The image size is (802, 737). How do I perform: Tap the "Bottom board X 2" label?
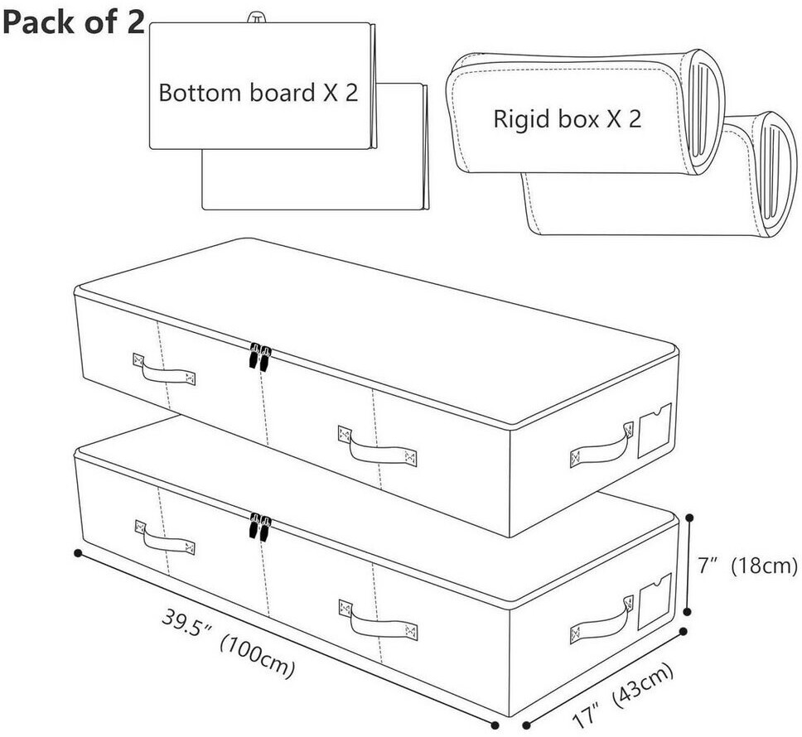(x=258, y=93)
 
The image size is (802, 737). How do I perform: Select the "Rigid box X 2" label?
(x=567, y=118)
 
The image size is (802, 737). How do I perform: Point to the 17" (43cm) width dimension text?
(x=621, y=696)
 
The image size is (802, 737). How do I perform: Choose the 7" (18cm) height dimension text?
(x=747, y=566)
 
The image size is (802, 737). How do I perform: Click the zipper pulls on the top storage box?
(x=260, y=356)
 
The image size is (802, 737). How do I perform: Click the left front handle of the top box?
(x=164, y=368)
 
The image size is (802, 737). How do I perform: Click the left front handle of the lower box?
(x=165, y=537)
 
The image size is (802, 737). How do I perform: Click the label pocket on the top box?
(x=655, y=431)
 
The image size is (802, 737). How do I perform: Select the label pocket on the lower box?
(x=655, y=601)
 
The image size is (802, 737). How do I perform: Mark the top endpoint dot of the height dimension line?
(x=690, y=518)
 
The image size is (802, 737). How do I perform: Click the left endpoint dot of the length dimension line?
(x=78, y=553)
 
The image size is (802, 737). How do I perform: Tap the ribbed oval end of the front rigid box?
(x=705, y=112)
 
